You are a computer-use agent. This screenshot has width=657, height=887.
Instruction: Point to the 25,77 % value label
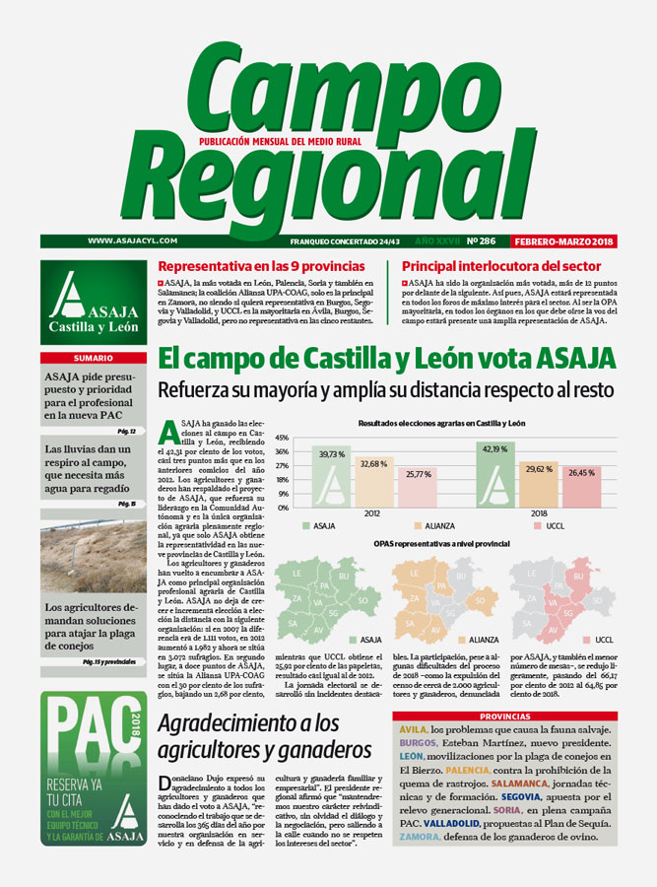tap(415, 474)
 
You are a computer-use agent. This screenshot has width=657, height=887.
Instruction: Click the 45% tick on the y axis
tap(281, 437)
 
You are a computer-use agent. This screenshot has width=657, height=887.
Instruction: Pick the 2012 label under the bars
tap(374, 513)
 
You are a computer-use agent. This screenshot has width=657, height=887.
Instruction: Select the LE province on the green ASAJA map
tap(297, 571)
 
